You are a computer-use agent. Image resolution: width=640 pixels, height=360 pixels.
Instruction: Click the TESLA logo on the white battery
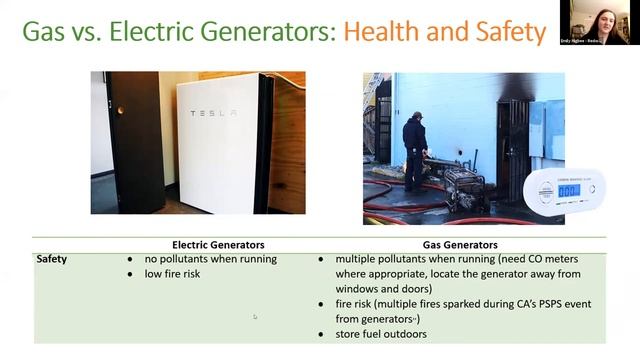point(213,113)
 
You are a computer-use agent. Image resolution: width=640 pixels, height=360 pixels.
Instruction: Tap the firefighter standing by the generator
point(414,150)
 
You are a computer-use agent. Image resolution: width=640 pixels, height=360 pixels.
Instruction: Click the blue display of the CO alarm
point(568,190)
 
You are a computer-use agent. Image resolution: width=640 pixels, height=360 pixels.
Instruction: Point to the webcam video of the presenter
point(607,21)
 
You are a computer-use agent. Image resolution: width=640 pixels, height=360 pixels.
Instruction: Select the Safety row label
point(53,259)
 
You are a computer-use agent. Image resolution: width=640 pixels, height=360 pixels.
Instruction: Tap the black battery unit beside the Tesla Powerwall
point(136,140)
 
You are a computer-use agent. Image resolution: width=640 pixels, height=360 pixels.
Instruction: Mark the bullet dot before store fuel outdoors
point(320,334)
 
